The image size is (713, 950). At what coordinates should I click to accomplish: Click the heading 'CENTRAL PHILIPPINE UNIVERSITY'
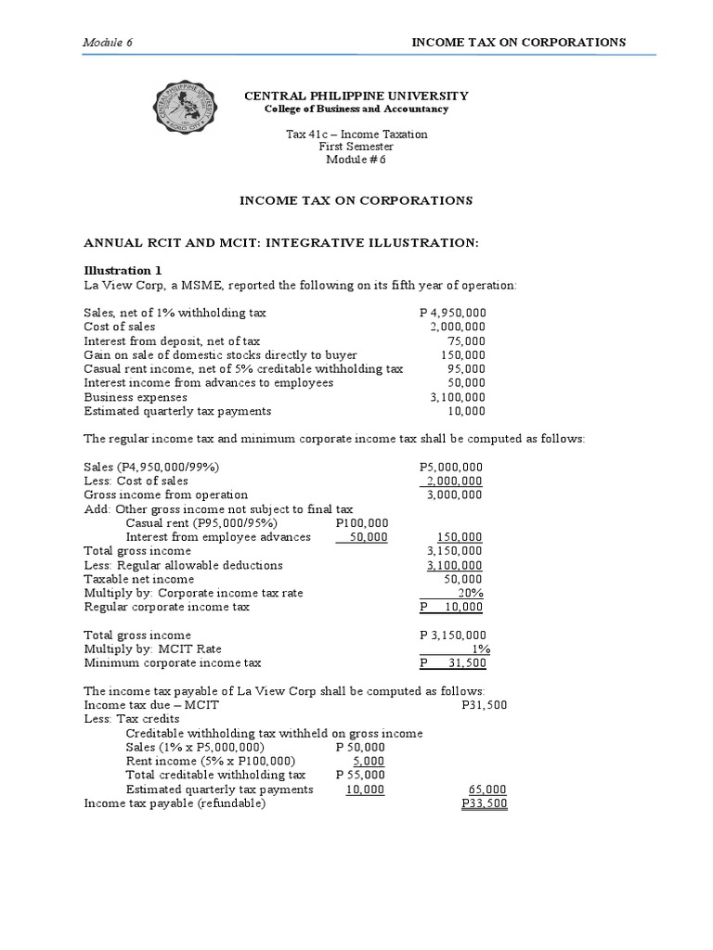(x=356, y=96)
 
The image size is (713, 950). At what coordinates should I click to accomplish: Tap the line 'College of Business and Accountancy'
(x=356, y=109)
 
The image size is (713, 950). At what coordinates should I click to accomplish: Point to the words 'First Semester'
(x=356, y=147)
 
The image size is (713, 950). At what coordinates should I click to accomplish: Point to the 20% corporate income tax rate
(x=471, y=593)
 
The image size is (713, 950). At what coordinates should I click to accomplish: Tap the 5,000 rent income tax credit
(x=370, y=761)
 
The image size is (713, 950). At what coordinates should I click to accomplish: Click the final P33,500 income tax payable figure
(x=484, y=803)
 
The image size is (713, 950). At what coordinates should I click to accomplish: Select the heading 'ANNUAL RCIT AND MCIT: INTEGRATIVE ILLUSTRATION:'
(x=281, y=242)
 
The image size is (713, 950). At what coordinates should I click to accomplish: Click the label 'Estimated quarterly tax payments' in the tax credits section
(x=219, y=790)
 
